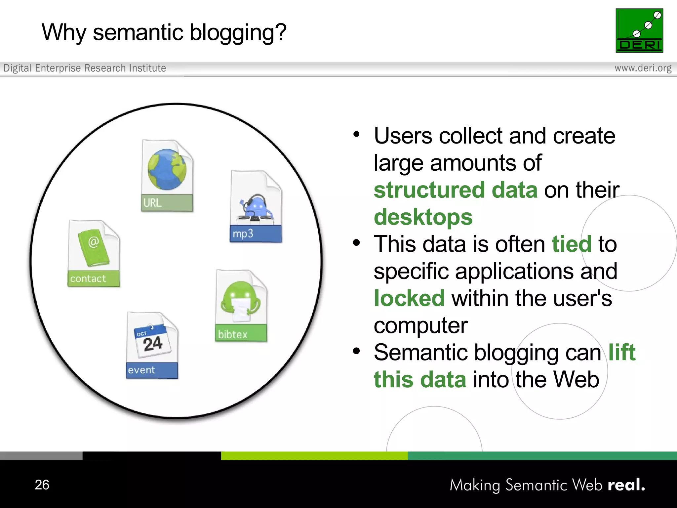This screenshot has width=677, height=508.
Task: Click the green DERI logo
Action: point(639,30)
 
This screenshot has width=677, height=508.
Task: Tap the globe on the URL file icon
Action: point(167,169)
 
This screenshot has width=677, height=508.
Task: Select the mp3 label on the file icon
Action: point(243,234)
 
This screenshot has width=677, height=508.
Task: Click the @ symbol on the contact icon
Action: point(94,242)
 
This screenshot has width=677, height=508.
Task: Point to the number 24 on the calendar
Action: point(153,344)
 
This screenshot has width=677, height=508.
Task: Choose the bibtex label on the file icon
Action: point(233,334)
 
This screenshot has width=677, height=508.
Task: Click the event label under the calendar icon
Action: point(141,370)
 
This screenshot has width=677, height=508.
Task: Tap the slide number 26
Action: point(42,485)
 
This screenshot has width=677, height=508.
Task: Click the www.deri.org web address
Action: point(643,68)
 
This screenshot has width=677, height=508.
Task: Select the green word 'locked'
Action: point(409,298)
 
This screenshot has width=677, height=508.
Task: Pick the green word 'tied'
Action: point(572,244)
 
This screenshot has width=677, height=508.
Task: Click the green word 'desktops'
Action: point(423,217)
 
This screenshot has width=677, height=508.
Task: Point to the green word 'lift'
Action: point(622,352)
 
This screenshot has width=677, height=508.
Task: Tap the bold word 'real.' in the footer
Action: point(626,485)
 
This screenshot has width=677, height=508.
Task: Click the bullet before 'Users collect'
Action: point(356,135)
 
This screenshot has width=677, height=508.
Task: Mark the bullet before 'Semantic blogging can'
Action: point(356,351)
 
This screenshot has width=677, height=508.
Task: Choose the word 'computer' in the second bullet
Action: point(420,326)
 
